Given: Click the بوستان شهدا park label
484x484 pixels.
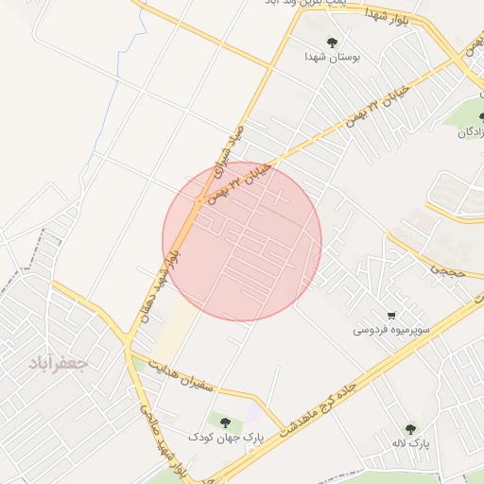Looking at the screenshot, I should [x=333, y=58].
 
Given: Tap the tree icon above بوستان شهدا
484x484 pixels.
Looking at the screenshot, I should [x=333, y=42].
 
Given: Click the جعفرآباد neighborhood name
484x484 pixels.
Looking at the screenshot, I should [x=58, y=364].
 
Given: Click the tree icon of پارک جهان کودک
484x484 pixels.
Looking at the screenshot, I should [x=224, y=422].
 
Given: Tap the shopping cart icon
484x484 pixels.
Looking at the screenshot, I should [x=391, y=315].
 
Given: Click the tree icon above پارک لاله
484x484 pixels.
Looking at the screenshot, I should [x=409, y=428].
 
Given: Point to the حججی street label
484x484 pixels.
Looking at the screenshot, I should [x=444, y=268].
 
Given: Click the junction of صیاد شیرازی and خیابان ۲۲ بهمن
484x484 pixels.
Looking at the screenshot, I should [x=198, y=199].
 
